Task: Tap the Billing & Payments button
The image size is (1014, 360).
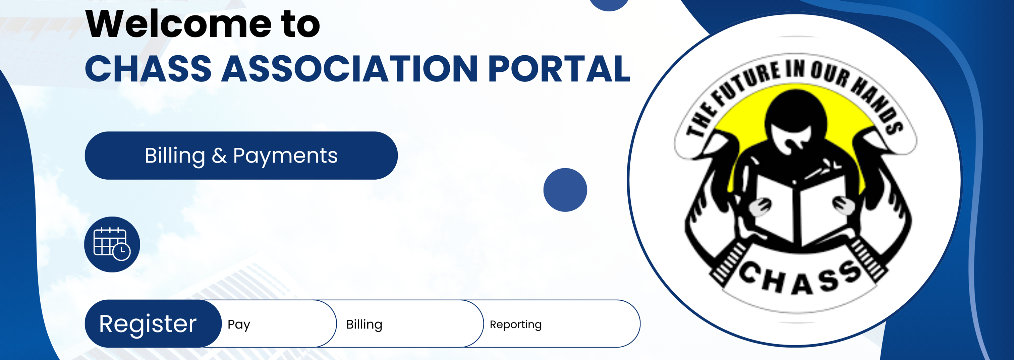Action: [241, 156]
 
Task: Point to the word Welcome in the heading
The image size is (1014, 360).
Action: [178, 24]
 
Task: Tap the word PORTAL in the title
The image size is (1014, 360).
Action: [559, 68]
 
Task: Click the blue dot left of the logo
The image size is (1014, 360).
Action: [565, 190]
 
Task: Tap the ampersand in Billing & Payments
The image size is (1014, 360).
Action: [219, 156]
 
